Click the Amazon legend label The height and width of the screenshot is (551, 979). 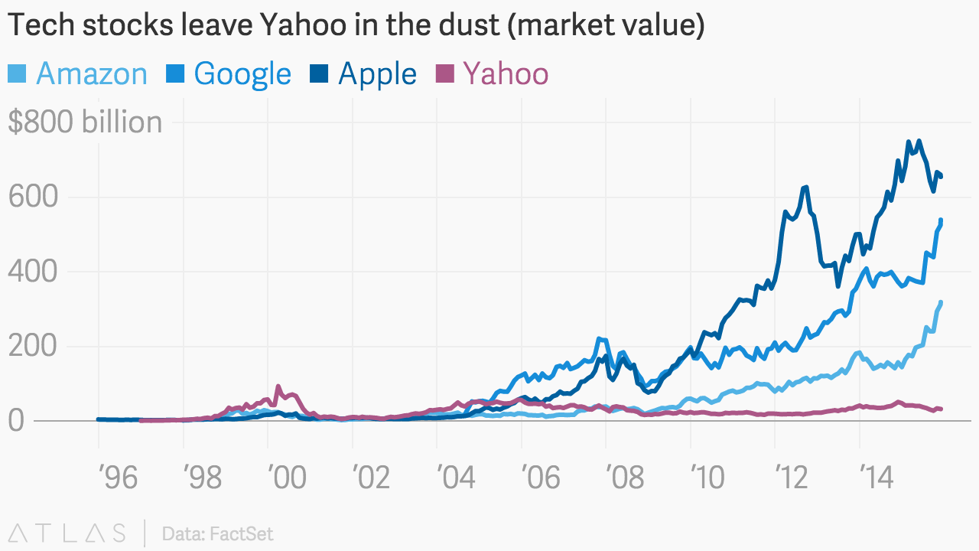click(91, 74)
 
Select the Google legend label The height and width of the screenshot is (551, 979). click(242, 74)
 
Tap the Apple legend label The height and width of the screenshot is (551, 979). click(377, 74)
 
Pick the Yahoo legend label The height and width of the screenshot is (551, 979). click(506, 74)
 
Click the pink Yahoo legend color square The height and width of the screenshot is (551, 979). click(444, 74)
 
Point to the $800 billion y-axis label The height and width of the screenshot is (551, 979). click(85, 122)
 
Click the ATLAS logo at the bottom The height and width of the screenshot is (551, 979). click(67, 533)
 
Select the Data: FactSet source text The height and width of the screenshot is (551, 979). click(217, 533)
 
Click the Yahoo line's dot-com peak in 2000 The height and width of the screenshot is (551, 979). click(278, 386)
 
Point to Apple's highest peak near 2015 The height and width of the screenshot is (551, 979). click(918, 141)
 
